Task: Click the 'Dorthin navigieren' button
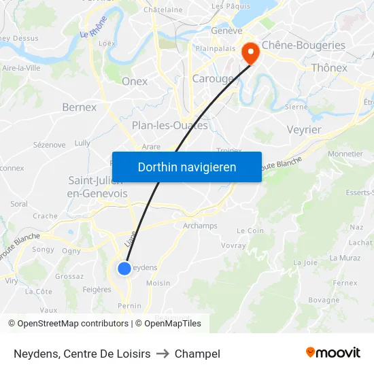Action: pyautogui.click(x=187, y=167)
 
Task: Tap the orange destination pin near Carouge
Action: pyautogui.click(x=250, y=52)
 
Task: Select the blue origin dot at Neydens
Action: pyautogui.click(x=124, y=269)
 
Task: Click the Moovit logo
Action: pyautogui.click(x=333, y=352)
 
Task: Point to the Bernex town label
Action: pyautogui.click(x=79, y=107)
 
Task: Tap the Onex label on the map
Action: pyautogui.click(x=135, y=82)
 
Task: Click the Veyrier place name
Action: pyautogui.click(x=304, y=129)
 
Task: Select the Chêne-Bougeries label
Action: pyautogui.click(x=303, y=46)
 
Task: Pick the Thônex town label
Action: pyautogui.click(x=329, y=67)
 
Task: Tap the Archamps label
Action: pyautogui.click(x=200, y=226)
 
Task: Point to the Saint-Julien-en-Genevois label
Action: pyautogui.click(x=97, y=187)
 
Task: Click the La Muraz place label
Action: pyautogui.click(x=345, y=258)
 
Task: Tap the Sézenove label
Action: pyautogui.click(x=49, y=145)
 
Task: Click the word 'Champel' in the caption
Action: pyautogui.click(x=197, y=354)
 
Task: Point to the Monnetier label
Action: pyautogui.click(x=345, y=154)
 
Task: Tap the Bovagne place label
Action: pyautogui.click(x=324, y=300)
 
